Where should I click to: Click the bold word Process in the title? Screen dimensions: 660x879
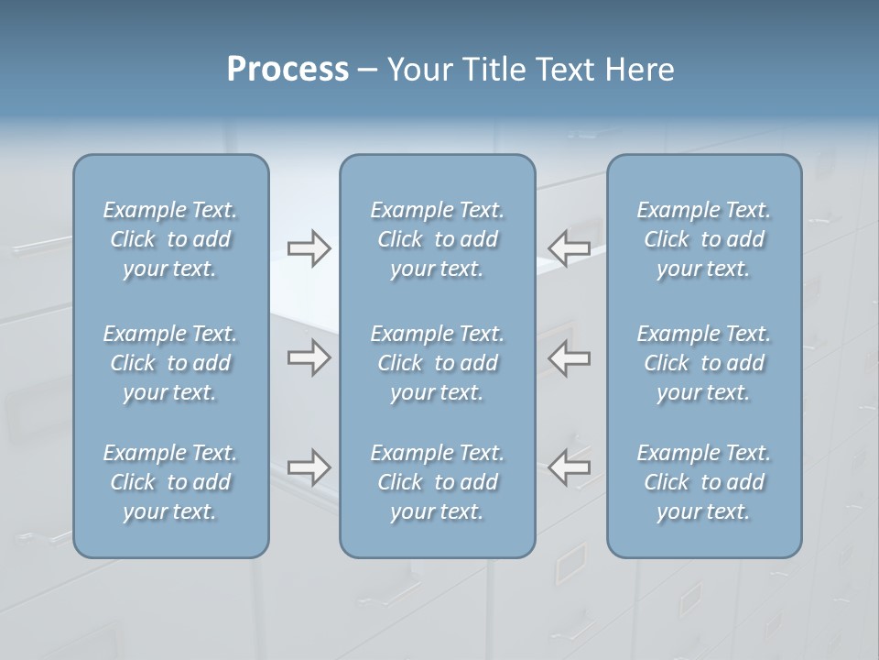click(x=288, y=70)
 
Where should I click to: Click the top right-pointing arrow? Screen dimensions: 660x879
click(x=309, y=248)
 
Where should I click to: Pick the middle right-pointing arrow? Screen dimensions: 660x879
click(x=309, y=357)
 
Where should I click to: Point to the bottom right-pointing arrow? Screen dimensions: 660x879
click(x=309, y=467)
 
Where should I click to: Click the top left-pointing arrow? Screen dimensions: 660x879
click(x=569, y=248)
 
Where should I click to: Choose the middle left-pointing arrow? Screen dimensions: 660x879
click(x=569, y=357)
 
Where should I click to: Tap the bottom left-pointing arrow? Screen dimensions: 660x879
click(x=569, y=467)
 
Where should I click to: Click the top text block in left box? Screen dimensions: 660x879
click(x=170, y=239)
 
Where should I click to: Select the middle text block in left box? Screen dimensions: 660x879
click(x=170, y=363)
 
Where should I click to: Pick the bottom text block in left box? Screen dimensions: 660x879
click(x=170, y=482)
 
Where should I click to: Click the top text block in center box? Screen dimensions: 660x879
click(x=438, y=239)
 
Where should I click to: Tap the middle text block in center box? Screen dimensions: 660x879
click(x=438, y=363)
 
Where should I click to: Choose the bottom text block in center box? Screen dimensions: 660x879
click(x=438, y=482)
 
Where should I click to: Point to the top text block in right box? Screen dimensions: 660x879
click(x=704, y=239)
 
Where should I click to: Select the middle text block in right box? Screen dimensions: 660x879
click(x=704, y=363)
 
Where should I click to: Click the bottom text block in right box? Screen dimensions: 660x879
click(x=704, y=482)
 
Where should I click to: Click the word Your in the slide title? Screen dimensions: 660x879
click(x=418, y=70)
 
